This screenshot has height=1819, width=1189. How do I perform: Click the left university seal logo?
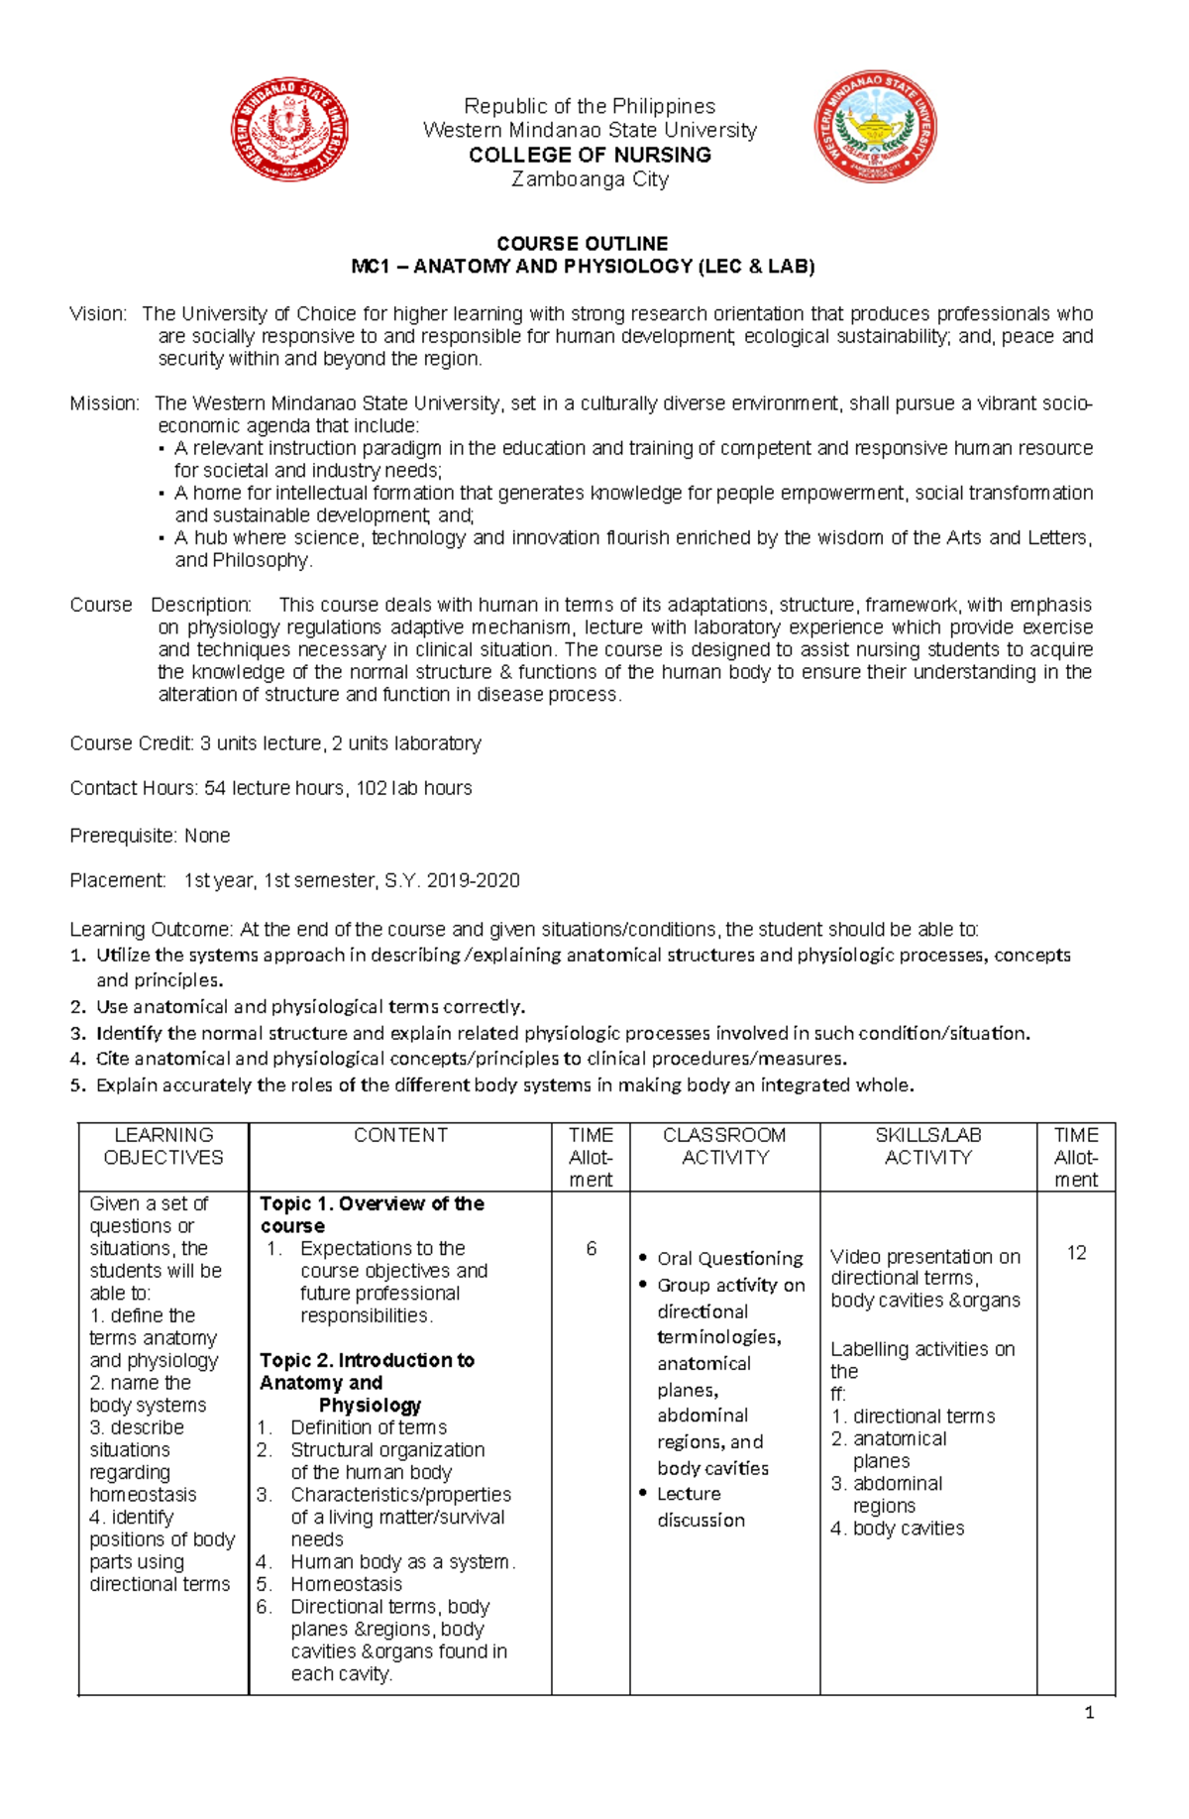[x=289, y=129]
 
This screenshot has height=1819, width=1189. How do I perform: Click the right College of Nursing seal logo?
[x=875, y=127]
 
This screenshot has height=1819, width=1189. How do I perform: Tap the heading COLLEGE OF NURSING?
[x=590, y=155]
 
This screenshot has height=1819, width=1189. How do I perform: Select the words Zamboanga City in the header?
[x=590, y=179]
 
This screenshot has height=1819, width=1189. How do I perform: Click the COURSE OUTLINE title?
[x=582, y=243]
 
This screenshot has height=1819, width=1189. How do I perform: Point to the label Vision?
[x=98, y=314]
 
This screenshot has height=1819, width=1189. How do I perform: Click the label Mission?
[x=104, y=403]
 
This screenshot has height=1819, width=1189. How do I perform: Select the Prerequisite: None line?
[x=150, y=836]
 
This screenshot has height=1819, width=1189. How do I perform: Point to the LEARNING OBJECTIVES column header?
[x=163, y=1146]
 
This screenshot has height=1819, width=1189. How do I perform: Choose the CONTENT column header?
[x=400, y=1135]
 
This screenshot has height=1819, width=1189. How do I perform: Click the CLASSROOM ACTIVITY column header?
[x=724, y=1146]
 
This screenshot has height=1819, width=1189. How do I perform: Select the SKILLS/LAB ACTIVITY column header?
[x=927, y=1146]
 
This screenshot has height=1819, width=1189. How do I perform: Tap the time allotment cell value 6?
[x=591, y=1249]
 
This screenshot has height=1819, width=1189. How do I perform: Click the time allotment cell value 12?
[x=1076, y=1253]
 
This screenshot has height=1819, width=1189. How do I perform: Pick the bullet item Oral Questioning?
[x=729, y=1258]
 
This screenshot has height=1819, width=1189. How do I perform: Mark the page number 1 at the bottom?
[x=1089, y=1713]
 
